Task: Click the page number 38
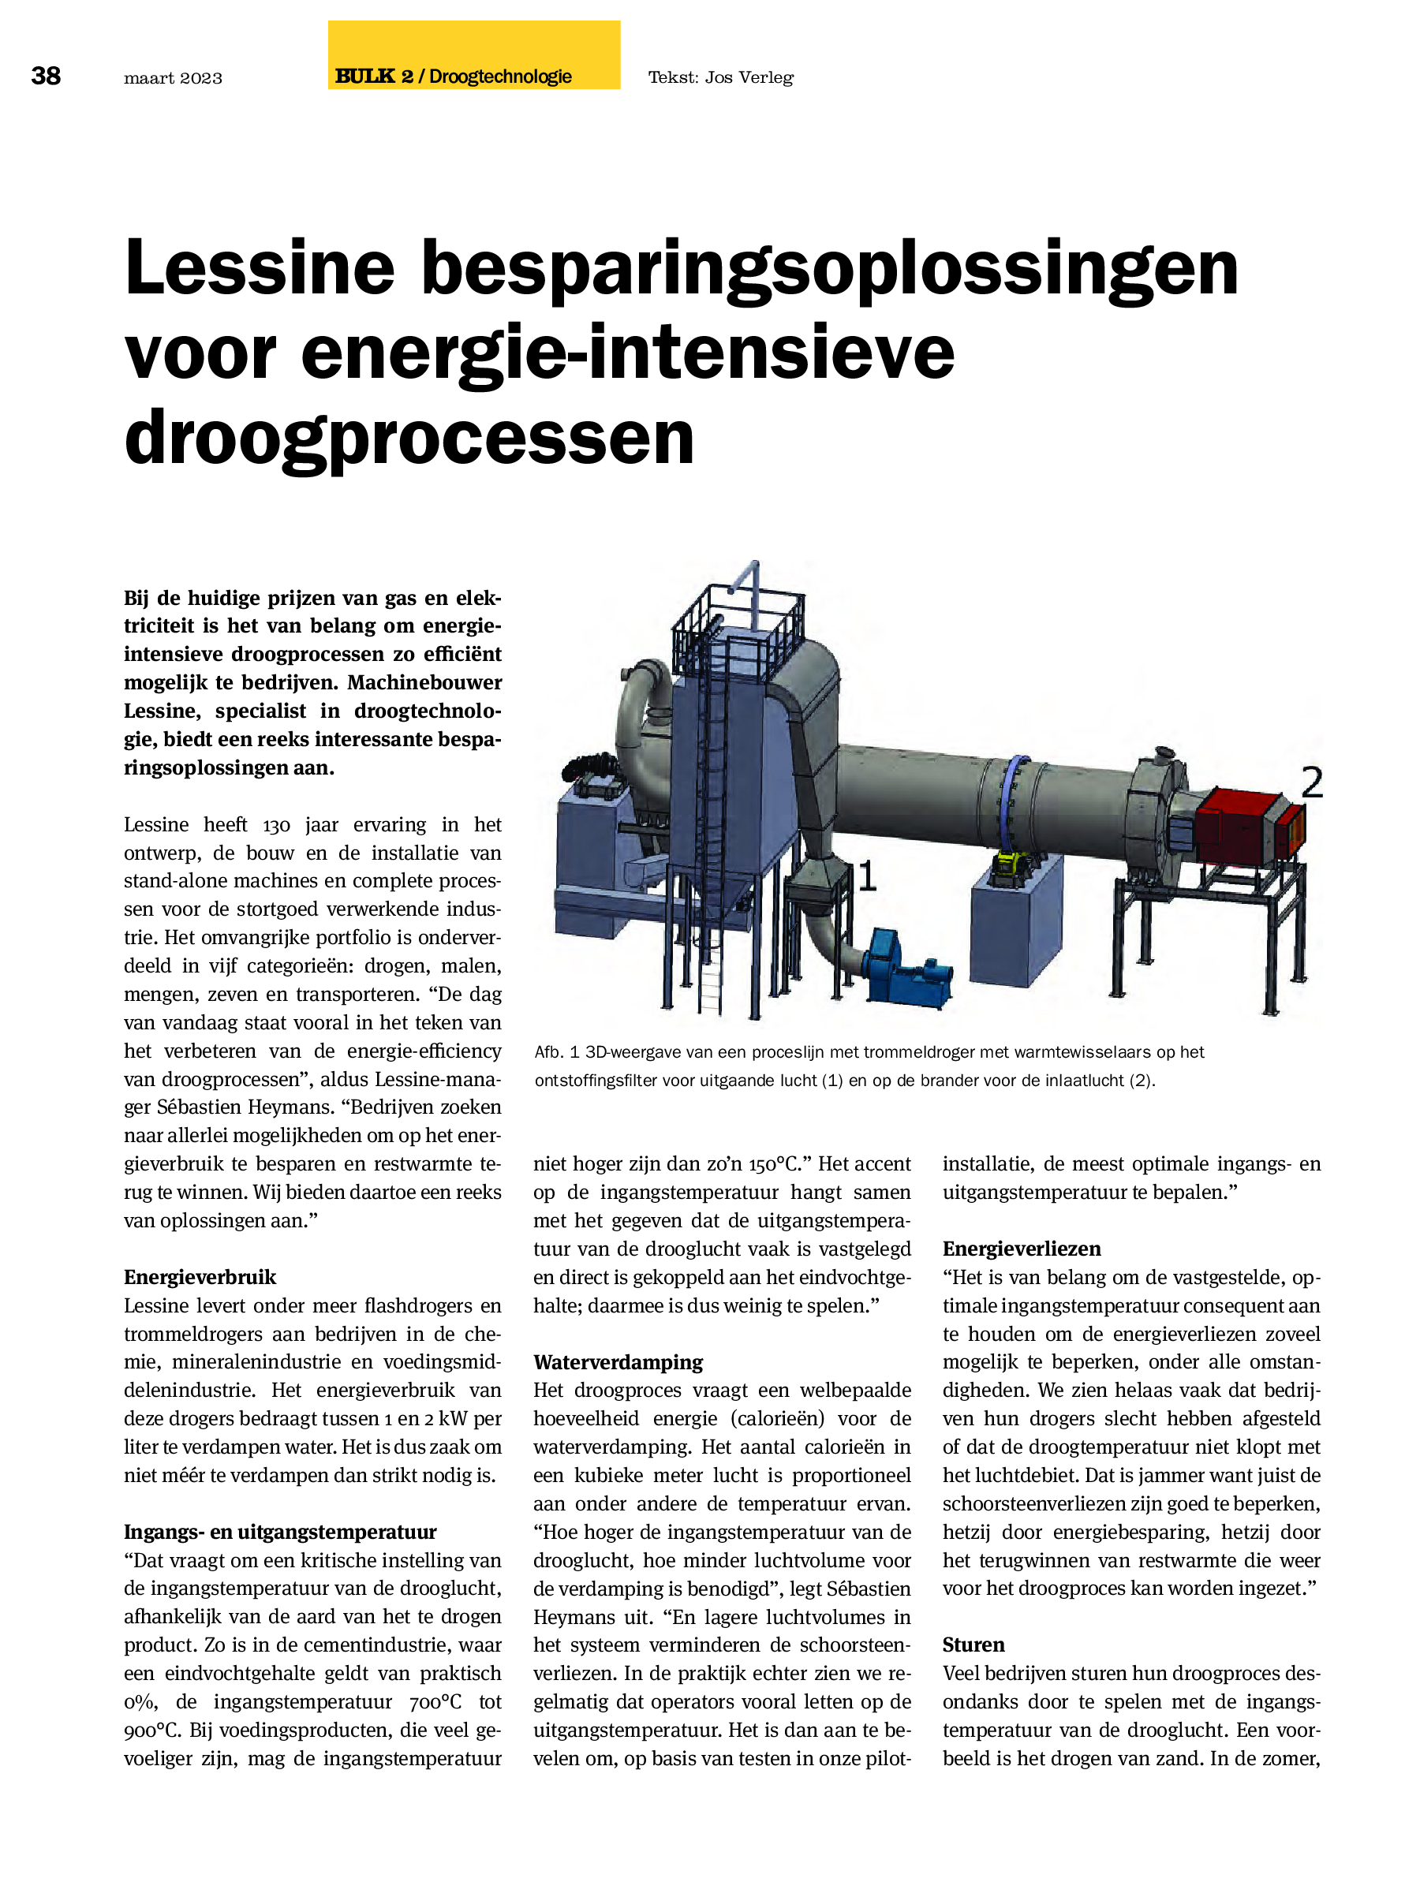(47, 77)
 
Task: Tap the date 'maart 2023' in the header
(173, 78)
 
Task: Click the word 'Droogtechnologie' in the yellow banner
(500, 77)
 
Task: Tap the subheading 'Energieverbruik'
(200, 1277)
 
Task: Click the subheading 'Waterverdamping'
(617, 1361)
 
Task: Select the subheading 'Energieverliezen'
(1021, 1249)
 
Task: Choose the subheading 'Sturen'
(973, 1644)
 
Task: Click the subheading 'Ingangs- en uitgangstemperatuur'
(280, 1531)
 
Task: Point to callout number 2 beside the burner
(1311, 782)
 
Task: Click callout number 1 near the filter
(866, 876)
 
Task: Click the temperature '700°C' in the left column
(435, 1701)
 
